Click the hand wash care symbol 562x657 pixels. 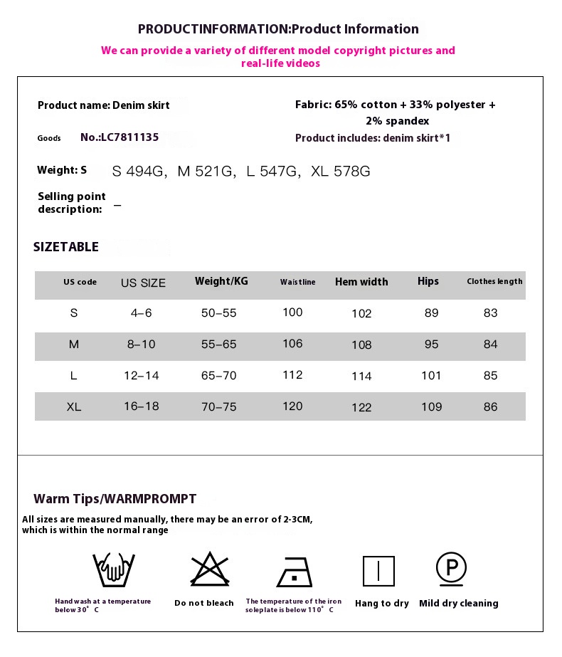click(x=114, y=569)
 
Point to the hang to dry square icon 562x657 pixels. click(x=378, y=571)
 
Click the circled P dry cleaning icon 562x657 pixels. click(x=451, y=569)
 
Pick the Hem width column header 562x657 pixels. click(x=361, y=282)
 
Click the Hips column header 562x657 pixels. click(x=428, y=281)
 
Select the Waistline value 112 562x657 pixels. click(x=292, y=375)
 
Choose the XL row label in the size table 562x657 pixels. click(x=74, y=407)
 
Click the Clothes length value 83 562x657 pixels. click(x=490, y=313)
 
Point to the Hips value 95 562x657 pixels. click(x=431, y=345)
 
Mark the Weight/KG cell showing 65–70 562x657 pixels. click(x=218, y=376)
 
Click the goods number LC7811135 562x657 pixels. click(x=120, y=137)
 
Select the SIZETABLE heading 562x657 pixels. click(x=66, y=247)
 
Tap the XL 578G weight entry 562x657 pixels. click(x=341, y=172)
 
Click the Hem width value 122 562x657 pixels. click(x=361, y=407)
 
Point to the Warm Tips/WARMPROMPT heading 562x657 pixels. click(x=115, y=499)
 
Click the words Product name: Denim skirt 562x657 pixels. click(x=104, y=105)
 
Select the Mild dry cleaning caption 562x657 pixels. click(x=459, y=604)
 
